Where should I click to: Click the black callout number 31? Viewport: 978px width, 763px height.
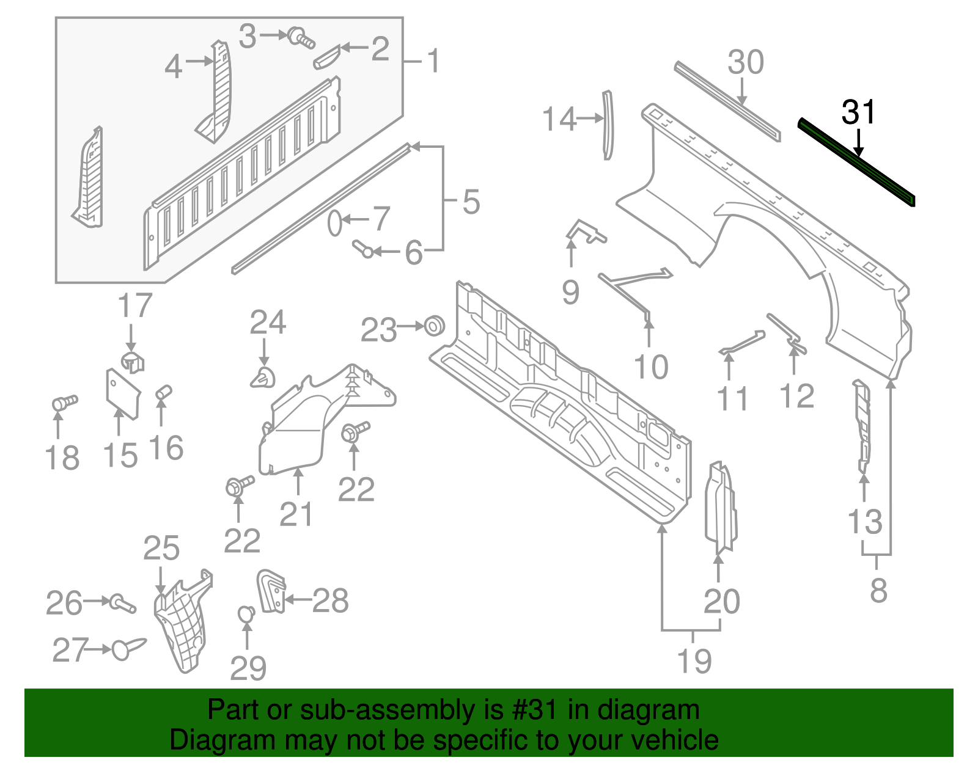click(x=858, y=112)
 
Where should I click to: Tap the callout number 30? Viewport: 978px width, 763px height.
click(x=746, y=62)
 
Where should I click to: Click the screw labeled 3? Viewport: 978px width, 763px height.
click(x=301, y=38)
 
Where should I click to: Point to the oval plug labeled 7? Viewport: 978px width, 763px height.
click(x=334, y=224)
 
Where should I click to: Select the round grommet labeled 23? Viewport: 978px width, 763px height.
click(x=435, y=326)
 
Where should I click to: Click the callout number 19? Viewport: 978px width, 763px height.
click(x=695, y=661)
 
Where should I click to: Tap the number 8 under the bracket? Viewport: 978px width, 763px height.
click(x=878, y=590)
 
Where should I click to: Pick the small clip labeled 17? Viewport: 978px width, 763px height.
click(x=132, y=360)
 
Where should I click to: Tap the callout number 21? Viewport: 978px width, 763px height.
click(x=296, y=514)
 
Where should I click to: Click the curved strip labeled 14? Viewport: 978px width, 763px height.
click(x=607, y=125)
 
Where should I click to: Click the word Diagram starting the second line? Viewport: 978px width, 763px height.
click(x=205, y=740)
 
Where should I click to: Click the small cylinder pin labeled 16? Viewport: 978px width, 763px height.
click(x=164, y=392)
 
